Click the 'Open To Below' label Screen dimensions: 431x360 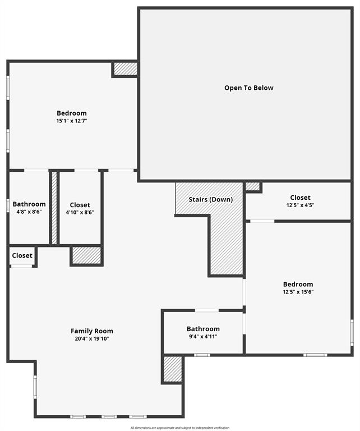click(x=249, y=88)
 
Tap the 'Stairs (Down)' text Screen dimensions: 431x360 click(x=210, y=199)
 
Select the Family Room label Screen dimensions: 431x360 click(x=91, y=331)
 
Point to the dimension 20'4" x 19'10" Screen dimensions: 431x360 click(x=91, y=339)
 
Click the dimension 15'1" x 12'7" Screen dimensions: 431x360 click(x=72, y=121)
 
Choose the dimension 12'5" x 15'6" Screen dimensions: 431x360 click(x=298, y=292)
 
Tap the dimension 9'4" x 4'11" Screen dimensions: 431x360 click(x=203, y=337)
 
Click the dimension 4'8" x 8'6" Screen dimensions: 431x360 click(x=29, y=212)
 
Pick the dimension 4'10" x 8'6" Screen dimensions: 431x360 click(x=80, y=213)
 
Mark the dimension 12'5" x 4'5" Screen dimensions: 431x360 click(x=300, y=205)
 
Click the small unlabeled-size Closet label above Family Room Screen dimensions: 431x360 click(x=22, y=255)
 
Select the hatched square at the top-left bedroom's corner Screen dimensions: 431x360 click(x=126, y=68)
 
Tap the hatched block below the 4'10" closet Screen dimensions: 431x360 click(x=86, y=255)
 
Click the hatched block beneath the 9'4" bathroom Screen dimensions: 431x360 click(x=173, y=369)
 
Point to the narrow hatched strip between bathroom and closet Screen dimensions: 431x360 click(x=54, y=207)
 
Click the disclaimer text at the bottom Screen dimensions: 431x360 click(x=179, y=428)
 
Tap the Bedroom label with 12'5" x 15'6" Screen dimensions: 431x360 click(x=298, y=284)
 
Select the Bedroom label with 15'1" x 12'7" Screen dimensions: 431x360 click(x=72, y=113)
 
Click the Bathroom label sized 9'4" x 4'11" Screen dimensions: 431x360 click(x=203, y=329)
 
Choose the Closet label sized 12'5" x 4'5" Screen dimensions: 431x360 click(x=300, y=198)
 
